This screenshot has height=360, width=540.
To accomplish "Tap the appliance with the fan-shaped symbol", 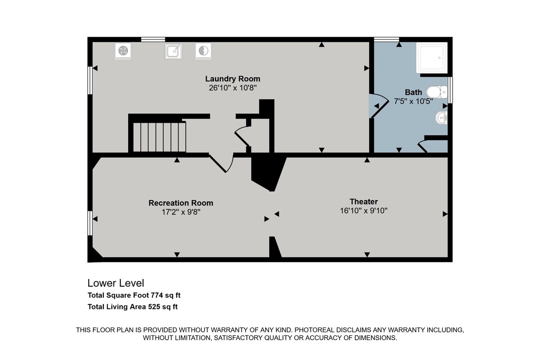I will [123, 51].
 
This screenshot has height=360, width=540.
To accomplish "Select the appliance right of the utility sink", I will [203, 51].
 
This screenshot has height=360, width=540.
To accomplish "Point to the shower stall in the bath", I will [432, 57].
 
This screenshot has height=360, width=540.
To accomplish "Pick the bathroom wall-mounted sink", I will [441, 118].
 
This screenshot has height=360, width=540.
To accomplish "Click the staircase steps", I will [159, 137].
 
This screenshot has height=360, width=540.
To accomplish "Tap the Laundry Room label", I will [232, 79].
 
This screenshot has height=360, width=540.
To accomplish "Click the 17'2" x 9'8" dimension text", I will [181, 212].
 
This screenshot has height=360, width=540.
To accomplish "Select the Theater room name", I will [364, 202].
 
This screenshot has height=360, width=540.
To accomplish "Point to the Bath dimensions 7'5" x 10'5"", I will [413, 101].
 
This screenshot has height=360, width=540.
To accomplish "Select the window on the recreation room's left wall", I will [90, 223].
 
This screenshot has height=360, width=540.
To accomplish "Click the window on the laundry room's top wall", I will [153, 39].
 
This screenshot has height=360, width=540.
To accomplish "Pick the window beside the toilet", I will [450, 90].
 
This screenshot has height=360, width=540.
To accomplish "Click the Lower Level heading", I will [116, 283].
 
